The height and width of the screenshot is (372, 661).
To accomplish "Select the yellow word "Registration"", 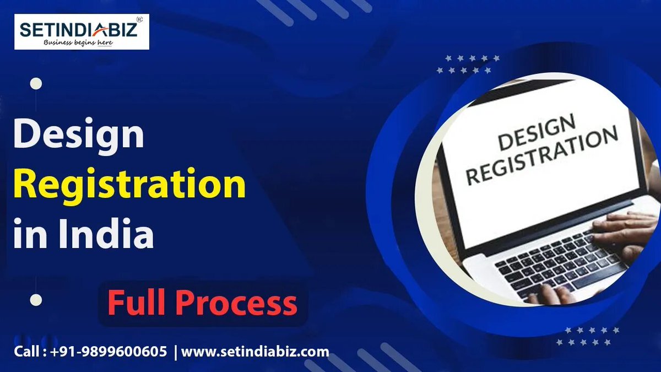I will click(x=129, y=185).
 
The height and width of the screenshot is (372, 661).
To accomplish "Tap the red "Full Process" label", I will click(x=202, y=303).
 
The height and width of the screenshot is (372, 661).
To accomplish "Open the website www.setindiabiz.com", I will click(x=255, y=352).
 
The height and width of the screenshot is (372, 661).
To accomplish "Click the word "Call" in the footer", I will click(x=26, y=352).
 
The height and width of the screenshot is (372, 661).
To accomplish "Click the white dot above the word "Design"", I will click(x=36, y=84).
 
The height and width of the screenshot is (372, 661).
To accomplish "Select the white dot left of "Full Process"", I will click(x=36, y=300).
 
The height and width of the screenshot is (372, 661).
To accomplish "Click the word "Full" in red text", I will click(x=137, y=303).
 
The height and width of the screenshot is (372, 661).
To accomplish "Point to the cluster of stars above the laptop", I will click(x=469, y=64).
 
